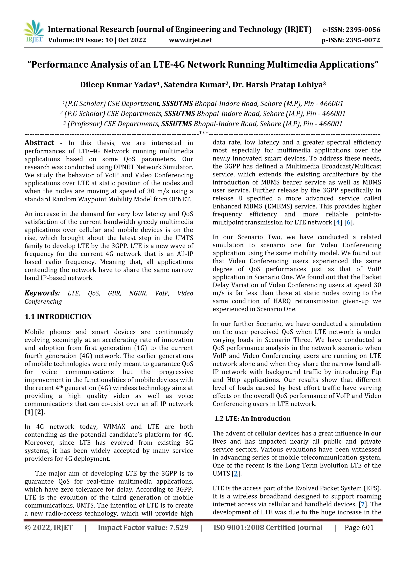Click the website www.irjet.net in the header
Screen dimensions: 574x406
point(190,40)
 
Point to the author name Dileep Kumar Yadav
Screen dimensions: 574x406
point(118,85)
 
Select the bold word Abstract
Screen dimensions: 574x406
point(39,143)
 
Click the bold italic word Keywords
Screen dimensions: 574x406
point(42,293)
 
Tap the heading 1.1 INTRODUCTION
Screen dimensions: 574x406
point(58,317)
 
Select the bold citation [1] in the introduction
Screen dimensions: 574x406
point(29,412)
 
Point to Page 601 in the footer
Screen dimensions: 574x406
point(359,527)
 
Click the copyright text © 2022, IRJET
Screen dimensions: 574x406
point(49,527)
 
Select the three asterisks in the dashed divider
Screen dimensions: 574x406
point(204,133)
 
